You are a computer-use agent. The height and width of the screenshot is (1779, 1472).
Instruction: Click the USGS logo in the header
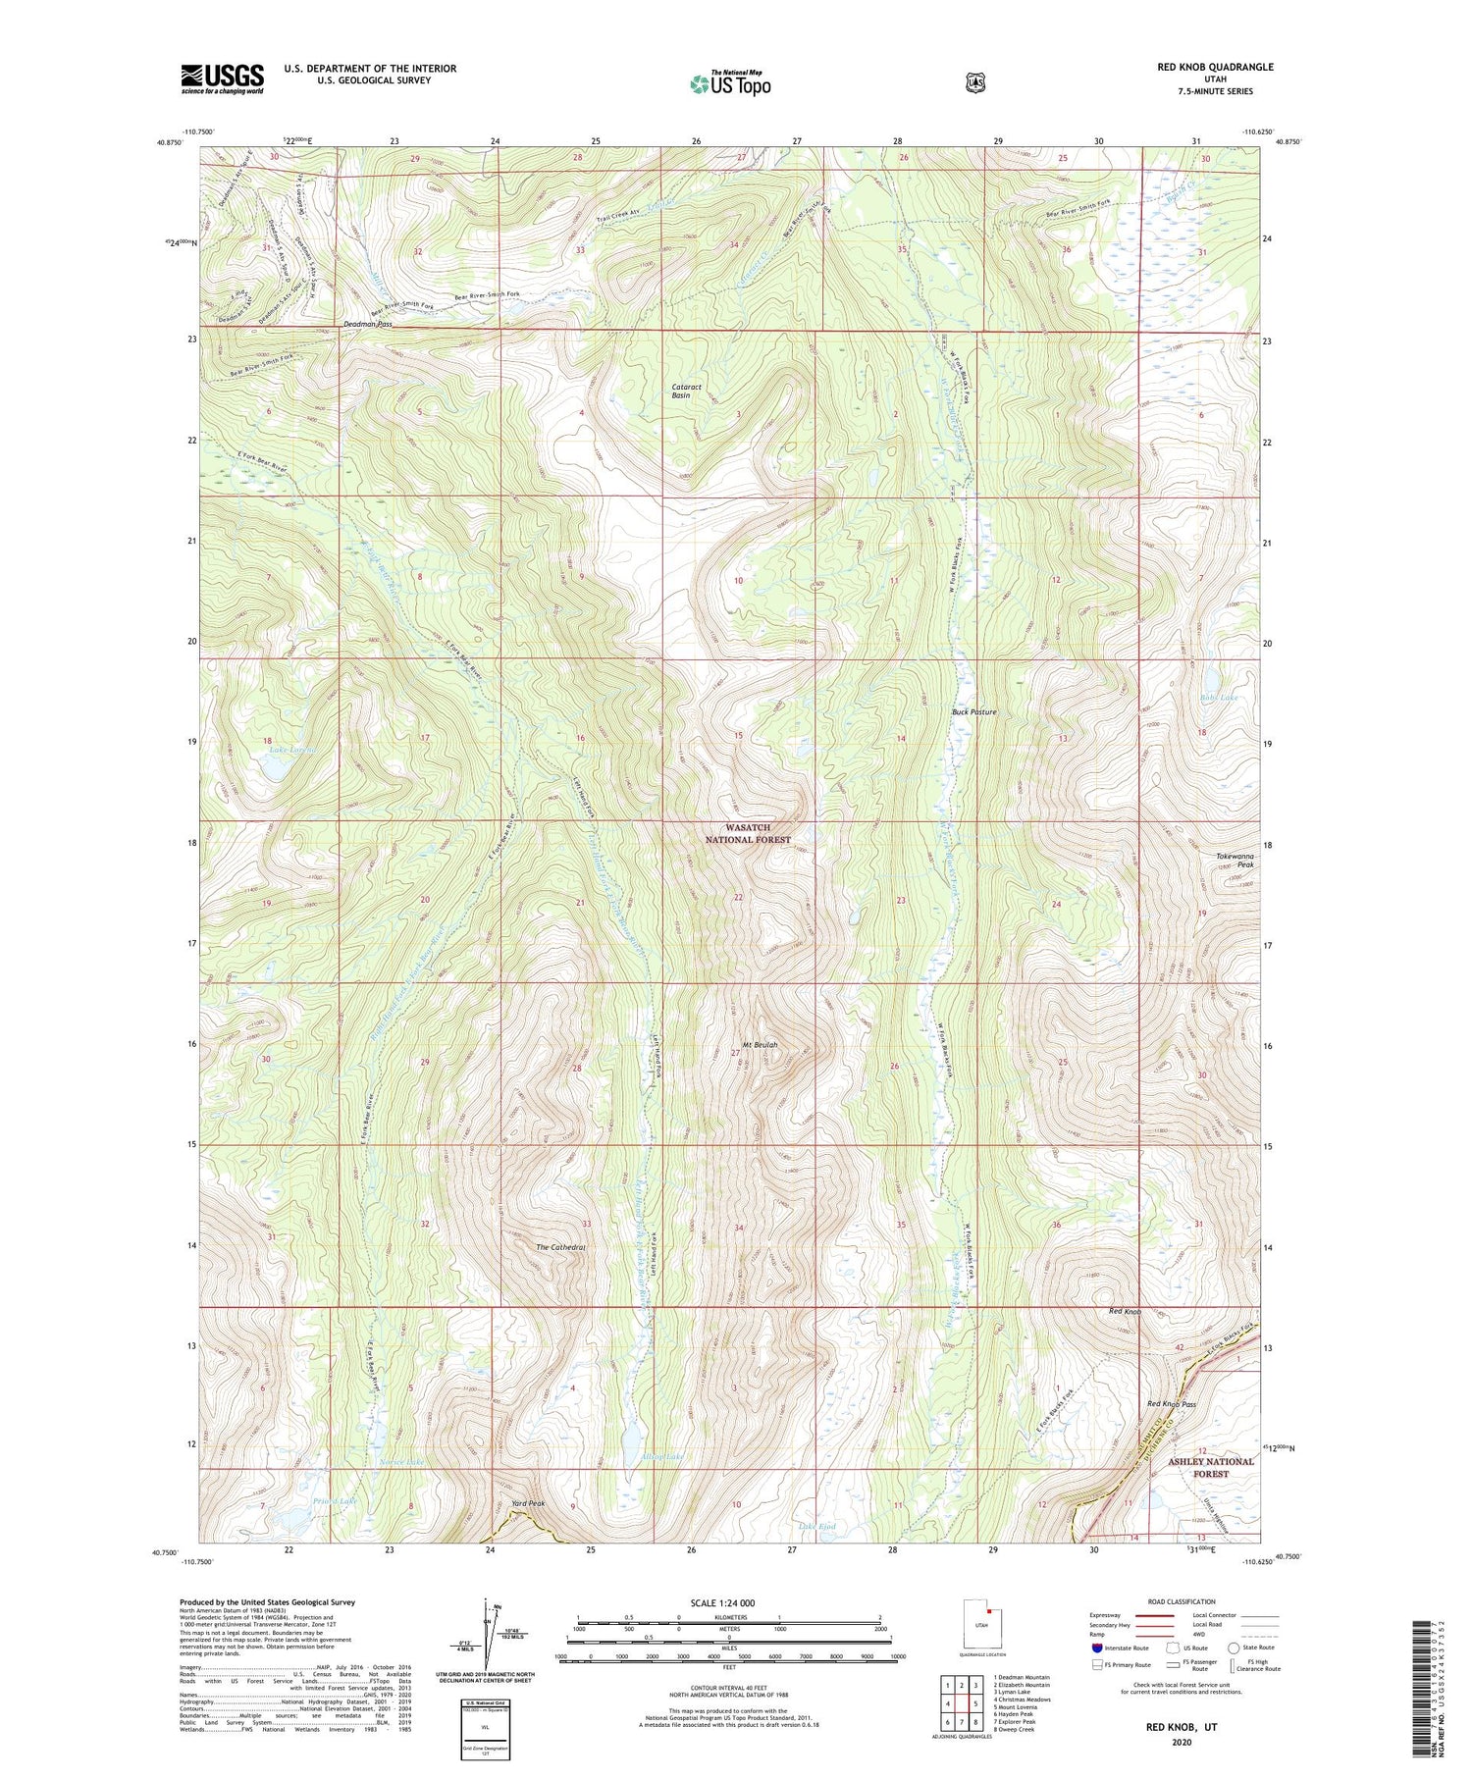coord(222,78)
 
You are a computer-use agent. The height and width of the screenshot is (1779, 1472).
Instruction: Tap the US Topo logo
coord(730,84)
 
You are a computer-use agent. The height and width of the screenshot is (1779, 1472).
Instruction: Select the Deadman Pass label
coord(367,324)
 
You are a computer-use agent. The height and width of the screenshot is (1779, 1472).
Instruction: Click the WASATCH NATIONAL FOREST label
coord(748,834)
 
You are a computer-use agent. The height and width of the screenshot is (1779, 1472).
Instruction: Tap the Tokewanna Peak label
coord(1235,861)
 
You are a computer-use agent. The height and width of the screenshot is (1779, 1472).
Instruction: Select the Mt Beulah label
coord(760,1045)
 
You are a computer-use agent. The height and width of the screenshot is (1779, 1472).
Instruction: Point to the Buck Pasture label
coord(974,711)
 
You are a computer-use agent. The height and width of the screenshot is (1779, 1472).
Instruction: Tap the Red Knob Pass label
coord(1172,1404)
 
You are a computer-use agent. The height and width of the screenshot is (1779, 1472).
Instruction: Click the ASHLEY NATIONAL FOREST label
coord(1211,1467)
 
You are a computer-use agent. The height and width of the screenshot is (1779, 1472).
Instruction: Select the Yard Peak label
coord(527,1503)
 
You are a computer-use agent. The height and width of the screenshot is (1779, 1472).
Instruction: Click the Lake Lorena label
coord(293,750)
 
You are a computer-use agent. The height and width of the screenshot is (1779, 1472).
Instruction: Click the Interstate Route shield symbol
coord(1097,1648)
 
